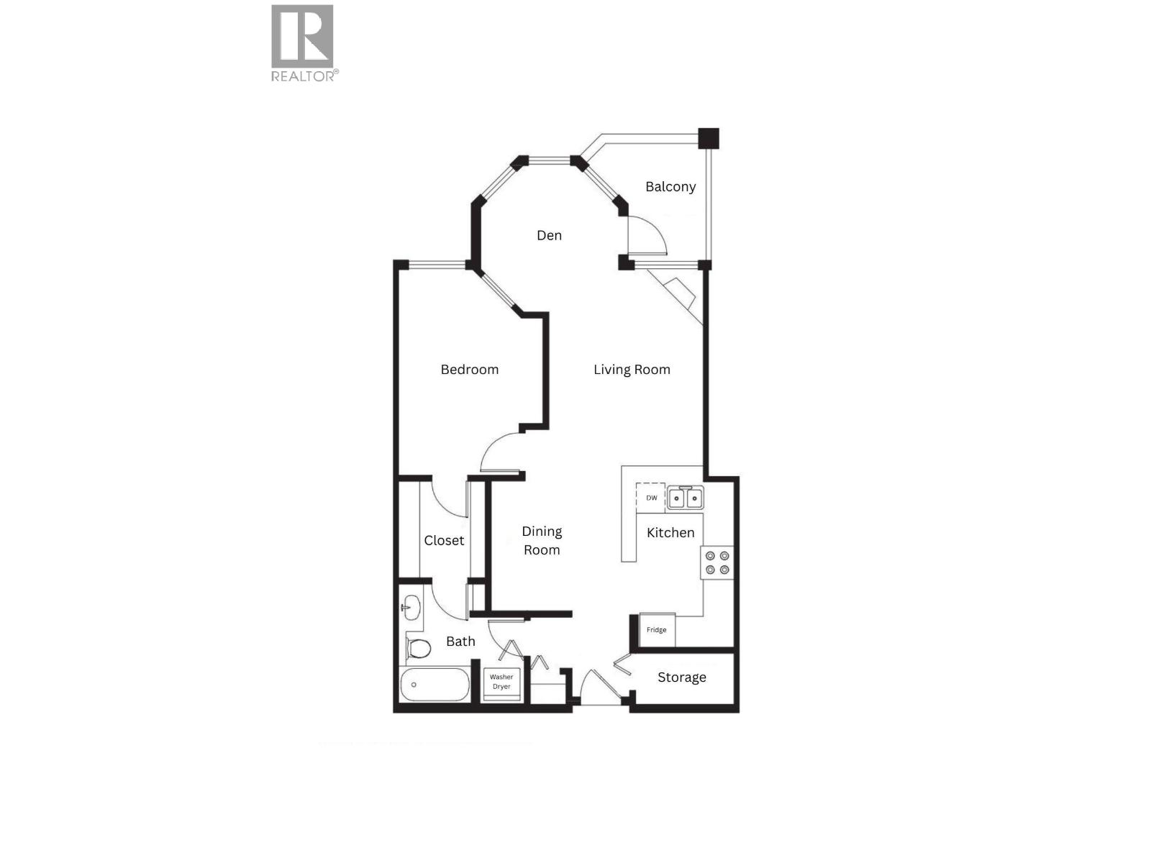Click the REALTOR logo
[303, 42]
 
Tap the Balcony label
[670, 187]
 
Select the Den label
[549, 235]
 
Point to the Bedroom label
[469, 370]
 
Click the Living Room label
[632, 370]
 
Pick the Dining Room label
[542, 540]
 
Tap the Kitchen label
[670, 533]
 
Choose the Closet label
[444, 541]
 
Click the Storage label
[681, 677]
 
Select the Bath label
[460, 641]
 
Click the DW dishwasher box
[650, 498]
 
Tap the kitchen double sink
[685, 498]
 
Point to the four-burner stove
[717, 562]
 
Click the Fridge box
[657, 630]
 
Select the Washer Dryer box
[501, 682]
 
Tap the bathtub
[435, 685]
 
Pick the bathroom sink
[411, 607]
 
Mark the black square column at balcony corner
[709, 138]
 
